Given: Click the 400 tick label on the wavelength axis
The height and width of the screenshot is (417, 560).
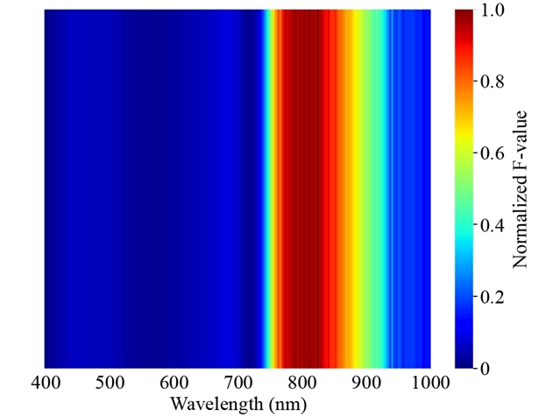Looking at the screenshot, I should (45, 383).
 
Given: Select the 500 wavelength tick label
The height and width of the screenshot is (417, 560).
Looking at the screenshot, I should (109, 383).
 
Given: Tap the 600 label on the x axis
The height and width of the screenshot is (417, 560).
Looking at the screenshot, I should (174, 383).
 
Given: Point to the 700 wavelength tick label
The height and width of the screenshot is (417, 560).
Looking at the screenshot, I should (237, 383).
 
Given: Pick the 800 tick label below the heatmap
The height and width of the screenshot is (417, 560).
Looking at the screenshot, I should (301, 383).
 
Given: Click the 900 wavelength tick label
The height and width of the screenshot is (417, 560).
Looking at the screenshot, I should (366, 383).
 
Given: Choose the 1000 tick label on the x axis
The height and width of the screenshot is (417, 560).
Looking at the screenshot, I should (430, 383).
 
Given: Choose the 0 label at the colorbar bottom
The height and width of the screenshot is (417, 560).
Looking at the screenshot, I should (487, 369).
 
